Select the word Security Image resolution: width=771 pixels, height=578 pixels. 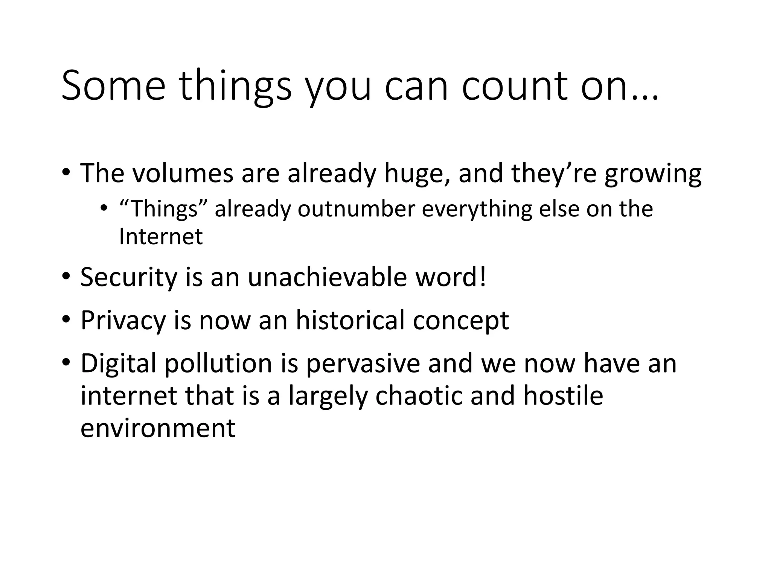coord(128,278)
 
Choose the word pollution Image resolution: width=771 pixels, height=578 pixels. coord(218,364)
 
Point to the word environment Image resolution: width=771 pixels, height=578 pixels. coord(158,428)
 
